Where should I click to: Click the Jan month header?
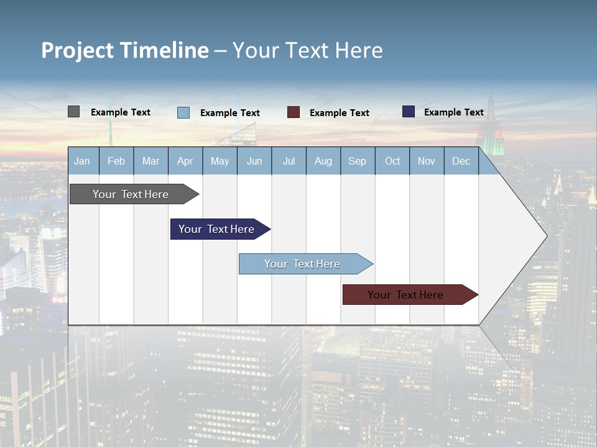coord(82,161)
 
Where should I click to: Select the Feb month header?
coord(116,161)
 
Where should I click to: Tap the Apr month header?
coord(185,161)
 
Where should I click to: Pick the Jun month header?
coord(254,161)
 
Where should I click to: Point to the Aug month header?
coord(323,161)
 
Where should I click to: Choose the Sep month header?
coord(358,161)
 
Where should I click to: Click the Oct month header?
coord(392,161)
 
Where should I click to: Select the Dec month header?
coord(461,161)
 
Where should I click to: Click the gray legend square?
coord(73,112)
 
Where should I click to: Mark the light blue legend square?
coord(183,112)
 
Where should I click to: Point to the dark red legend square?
coord(294,112)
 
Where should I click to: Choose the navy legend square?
coord(409,112)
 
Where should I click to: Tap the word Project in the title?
coord(76,50)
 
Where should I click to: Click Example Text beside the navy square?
coord(454,112)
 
